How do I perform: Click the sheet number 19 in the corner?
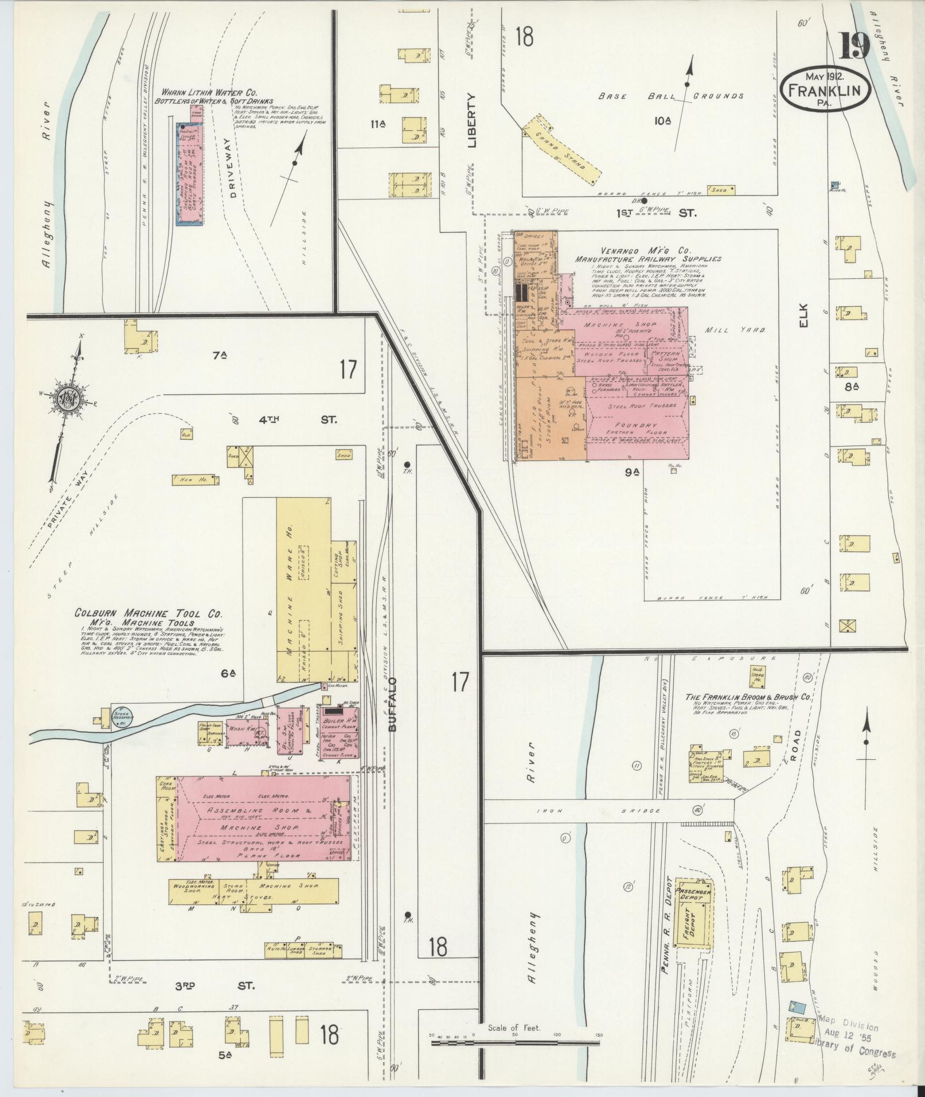[x=855, y=47]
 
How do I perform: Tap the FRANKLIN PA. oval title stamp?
[x=825, y=89]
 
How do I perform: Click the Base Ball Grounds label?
[x=671, y=96]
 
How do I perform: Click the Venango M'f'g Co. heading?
[x=646, y=251]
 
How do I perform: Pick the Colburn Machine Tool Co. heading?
[x=149, y=613]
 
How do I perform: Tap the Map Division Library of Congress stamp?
[x=854, y=1037]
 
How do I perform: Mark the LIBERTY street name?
[x=473, y=121]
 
